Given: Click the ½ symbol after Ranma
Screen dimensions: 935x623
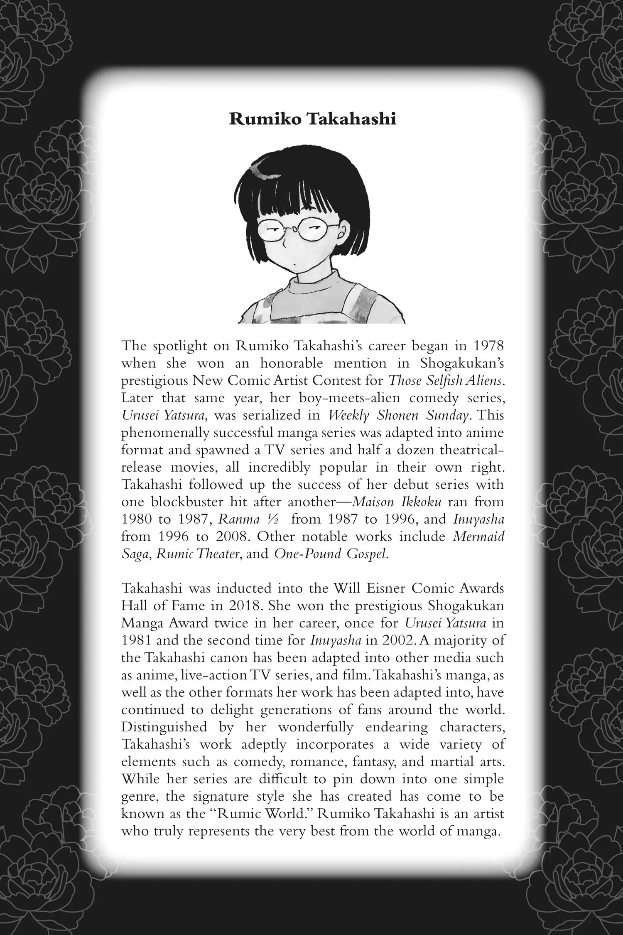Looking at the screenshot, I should tap(272, 519).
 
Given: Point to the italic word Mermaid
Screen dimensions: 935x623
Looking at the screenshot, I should tap(478, 536).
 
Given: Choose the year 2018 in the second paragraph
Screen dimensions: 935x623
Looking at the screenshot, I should tap(245, 606).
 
